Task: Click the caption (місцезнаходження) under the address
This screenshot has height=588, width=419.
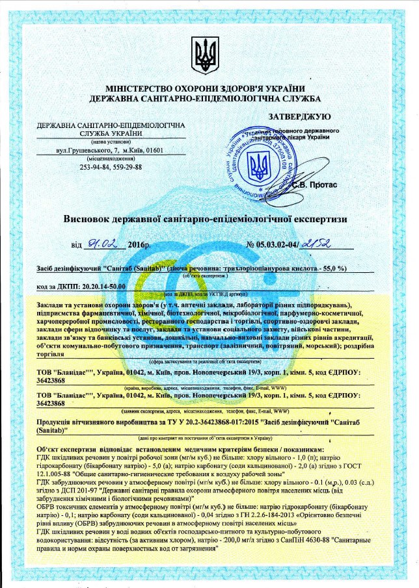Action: point(111,159)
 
